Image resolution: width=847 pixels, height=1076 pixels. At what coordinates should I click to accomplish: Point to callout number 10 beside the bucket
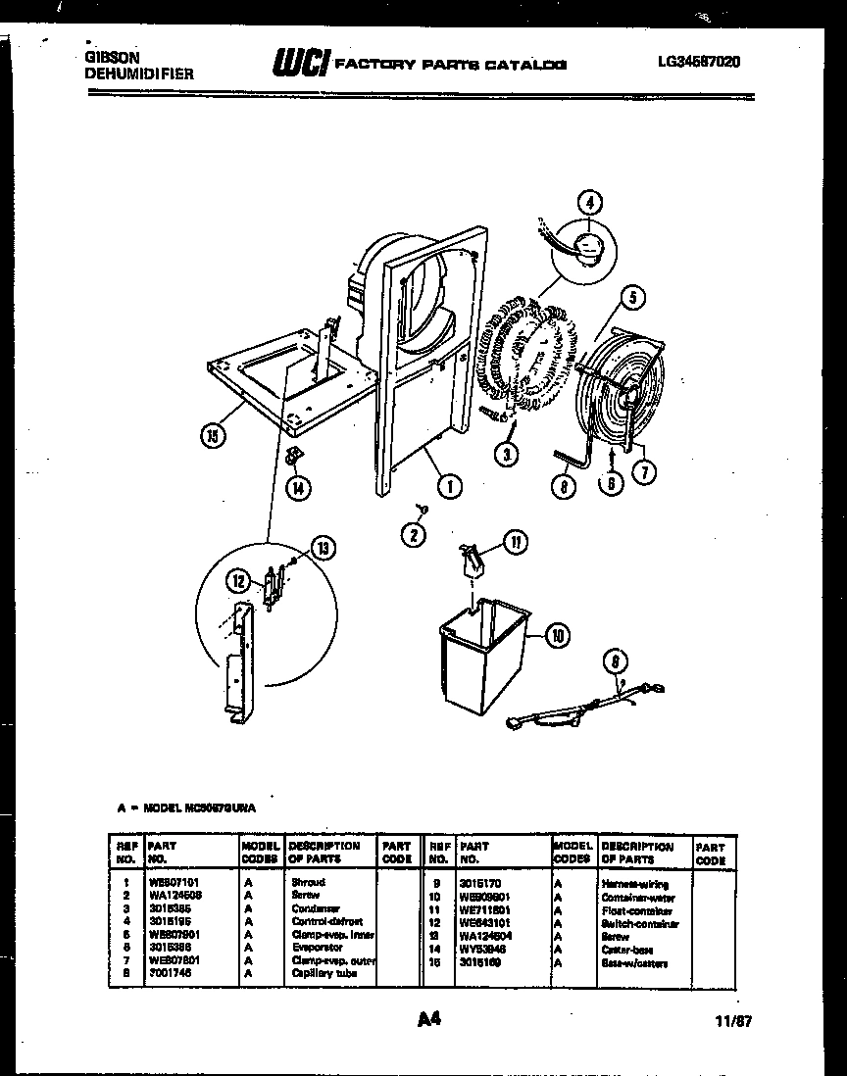click(557, 635)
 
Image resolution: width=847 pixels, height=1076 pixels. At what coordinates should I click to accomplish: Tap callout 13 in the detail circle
click(323, 548)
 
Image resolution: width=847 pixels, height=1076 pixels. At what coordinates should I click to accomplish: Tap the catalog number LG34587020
click(699, 62)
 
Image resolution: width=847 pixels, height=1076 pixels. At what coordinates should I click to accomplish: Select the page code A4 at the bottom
click(428, 1019)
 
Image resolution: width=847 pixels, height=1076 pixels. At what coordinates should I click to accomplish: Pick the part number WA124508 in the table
click(175, 896)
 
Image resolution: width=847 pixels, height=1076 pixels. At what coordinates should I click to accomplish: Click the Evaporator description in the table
click(316, 948)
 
